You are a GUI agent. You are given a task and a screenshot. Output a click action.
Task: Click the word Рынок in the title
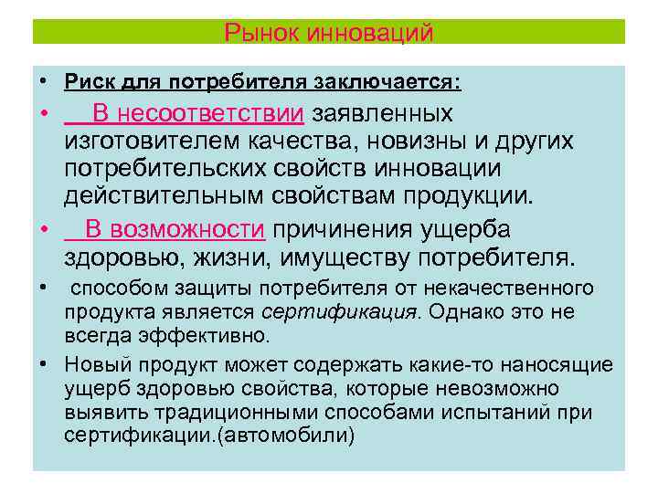coord(256,33)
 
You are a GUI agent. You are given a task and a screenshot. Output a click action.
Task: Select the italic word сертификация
coord(340,312)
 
